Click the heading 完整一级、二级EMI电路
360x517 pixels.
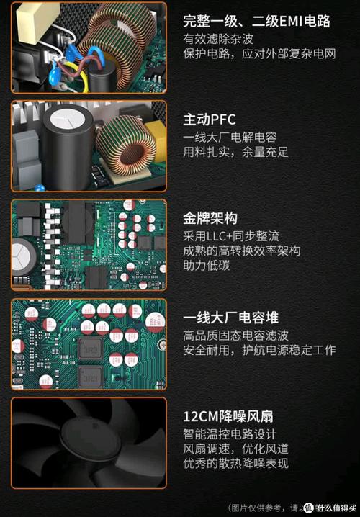pos(257,21)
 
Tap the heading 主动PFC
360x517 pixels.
pos(210,120)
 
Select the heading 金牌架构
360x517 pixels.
pos(210,218)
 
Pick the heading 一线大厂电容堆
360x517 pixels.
pos(230,318)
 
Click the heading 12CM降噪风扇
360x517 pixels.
pos(228,416)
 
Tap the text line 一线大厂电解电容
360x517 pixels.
pos(230,137)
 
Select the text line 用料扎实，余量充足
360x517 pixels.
pos(235,152)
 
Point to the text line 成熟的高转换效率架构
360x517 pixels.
pos(241,251)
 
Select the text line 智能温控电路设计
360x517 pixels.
pos(230,434)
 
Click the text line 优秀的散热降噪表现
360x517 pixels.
pos(235,464)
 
